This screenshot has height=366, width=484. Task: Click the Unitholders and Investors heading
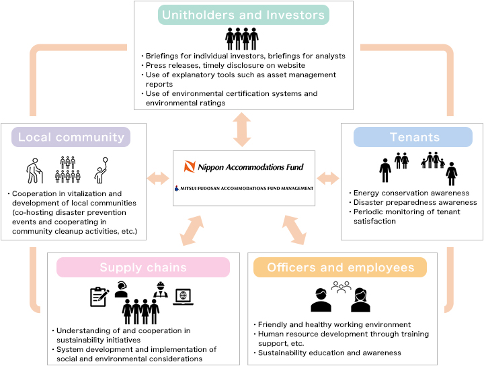point(243,15)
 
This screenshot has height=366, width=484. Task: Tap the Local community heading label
point(71,137)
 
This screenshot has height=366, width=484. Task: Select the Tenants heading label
point(413,137)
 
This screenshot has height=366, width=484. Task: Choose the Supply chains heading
point(143,267)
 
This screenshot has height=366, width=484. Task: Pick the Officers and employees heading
point(340,267)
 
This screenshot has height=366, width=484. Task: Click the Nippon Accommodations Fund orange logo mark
point(190,167)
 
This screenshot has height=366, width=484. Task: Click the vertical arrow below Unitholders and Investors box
point(242,130)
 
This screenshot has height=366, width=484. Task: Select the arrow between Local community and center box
point(158,179)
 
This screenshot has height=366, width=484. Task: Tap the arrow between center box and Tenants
point(328,179)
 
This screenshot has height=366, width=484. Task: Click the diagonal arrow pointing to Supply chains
point(192,230)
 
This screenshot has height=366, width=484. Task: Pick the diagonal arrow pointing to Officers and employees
point(294,230)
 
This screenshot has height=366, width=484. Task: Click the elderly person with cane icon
point(34,171)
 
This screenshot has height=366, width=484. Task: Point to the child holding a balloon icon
point(102,170)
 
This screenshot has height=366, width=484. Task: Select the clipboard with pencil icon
point(99,297)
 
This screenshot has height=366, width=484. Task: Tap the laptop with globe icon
point(183,297)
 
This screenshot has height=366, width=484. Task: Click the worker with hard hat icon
point(161,289)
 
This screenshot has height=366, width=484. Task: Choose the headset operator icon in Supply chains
point(121,289)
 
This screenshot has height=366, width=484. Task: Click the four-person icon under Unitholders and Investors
point(242,39)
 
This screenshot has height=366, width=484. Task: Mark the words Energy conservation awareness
point(411,193)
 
